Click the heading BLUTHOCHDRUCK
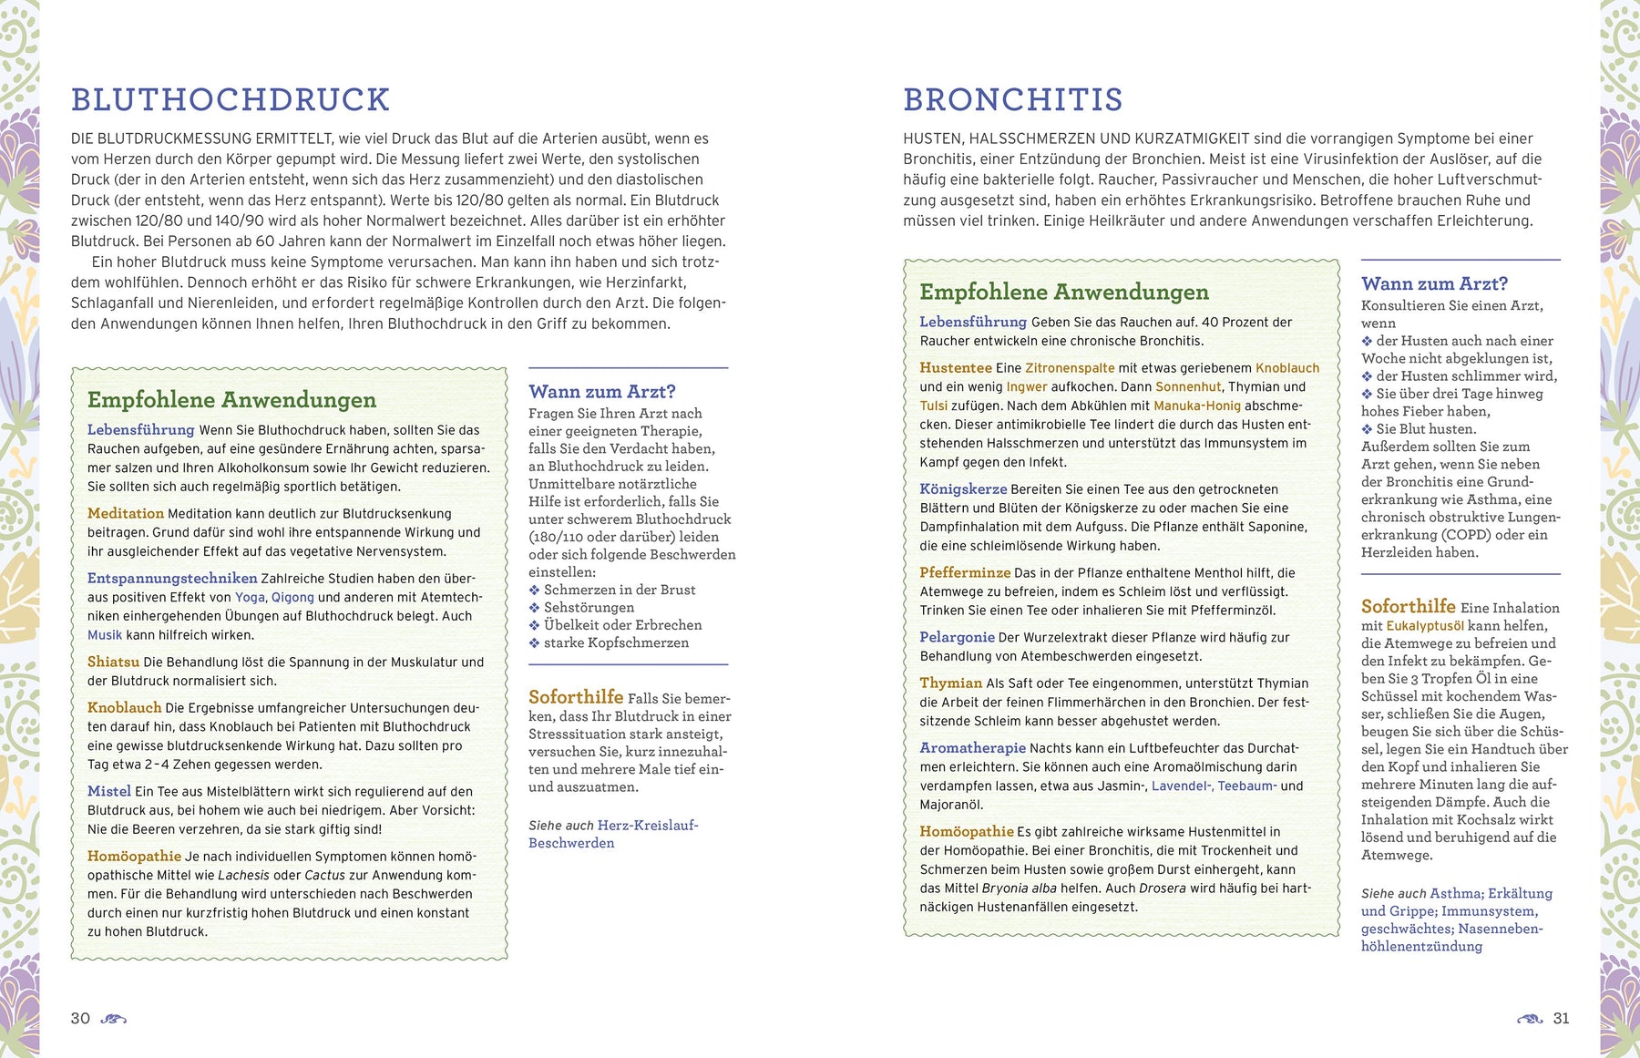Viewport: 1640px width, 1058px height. tap(231, 99)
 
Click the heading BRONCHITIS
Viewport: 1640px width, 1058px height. tap(1012, 99)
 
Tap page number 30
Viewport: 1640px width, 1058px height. tap(80, 1018)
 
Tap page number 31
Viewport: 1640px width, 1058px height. tap(1561, 1018)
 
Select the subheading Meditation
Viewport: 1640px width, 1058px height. tap(126, 513)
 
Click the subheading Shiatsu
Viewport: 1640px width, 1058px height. tap(113, 662)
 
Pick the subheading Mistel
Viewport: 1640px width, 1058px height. tap(109, 791)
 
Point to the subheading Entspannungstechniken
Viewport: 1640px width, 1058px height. tap(172, 578)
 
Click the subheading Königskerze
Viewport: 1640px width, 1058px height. tap(963, 488)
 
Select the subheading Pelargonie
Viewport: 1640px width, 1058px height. tap(957, 637)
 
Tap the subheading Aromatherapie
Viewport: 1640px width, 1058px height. tap(972, 747)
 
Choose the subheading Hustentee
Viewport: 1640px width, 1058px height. tap(956, 367)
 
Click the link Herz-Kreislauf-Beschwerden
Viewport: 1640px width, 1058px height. tap(612, 834)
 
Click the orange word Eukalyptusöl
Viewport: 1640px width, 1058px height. tap(1425, 626)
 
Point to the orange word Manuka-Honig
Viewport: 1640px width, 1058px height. tap(1197, 406)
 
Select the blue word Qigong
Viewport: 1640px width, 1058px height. tap(292, 597)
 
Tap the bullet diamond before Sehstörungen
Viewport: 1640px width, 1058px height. tap(535, 608)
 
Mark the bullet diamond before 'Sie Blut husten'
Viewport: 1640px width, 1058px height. tap(1367, 429)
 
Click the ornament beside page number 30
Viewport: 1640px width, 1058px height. tap(113, 1019)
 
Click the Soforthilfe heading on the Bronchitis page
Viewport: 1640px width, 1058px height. tap(1408, 606)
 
